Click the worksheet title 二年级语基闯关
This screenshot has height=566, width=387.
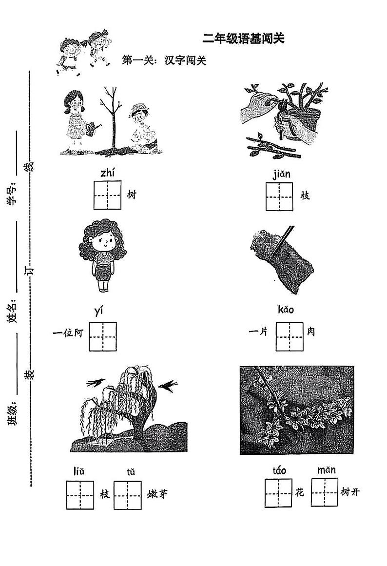click(x=243, y=38)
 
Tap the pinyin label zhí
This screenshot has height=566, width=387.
click(x=108, y=173)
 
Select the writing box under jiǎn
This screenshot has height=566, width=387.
click(x=279, y=196)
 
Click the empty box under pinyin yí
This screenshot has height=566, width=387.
click(x=103, y=336)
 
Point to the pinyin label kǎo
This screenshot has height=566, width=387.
click(x=286, y=310)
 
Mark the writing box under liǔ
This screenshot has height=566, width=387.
click(x=80, y=495)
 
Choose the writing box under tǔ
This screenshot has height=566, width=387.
click(x=127, y=495)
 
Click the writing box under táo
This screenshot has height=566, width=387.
click(x=278, y=493)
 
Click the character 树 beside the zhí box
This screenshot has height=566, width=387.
click(x=132, y=195)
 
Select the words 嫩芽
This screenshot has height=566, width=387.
click(x=157, y=494)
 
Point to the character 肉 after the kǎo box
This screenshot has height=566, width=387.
click(x=311, y=331)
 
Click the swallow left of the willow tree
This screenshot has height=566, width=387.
click(x=96, y=382)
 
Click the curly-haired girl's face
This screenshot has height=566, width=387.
click(x=103, y=242)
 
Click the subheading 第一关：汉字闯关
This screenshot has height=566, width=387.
click(x=164, y=60)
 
